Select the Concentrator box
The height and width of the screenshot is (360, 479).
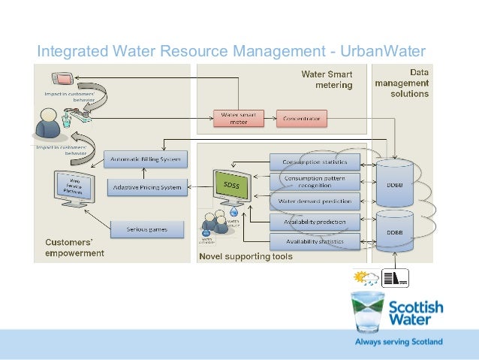[x=302, y=118]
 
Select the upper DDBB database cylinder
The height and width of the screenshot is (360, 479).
[x=394, y=183]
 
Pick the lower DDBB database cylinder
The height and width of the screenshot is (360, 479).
[x=394, y=234]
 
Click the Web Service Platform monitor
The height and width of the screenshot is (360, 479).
[x=76, y=187]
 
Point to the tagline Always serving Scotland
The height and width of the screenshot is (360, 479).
[x=398, y=342]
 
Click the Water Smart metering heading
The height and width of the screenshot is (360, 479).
[x=327, y=80]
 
